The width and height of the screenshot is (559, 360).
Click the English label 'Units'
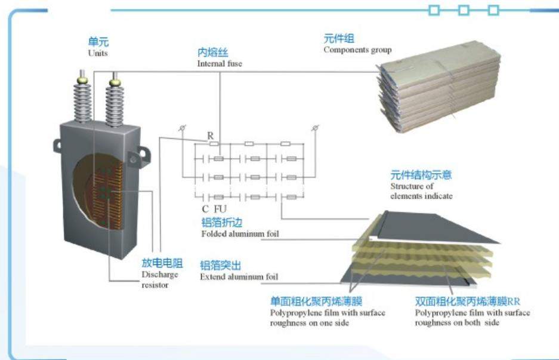(x=97, y=53)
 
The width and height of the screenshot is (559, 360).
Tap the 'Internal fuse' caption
(x=220, y=63)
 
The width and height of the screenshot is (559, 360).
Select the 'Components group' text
(x=357, y=50)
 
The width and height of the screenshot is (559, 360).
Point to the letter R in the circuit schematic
(x=210, y=136)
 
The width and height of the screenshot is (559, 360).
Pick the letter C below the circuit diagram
(x=205, y=210)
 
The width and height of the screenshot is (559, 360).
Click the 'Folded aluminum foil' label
(x=240, y=234)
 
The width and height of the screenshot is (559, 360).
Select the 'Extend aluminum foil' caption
(x=239, y=277)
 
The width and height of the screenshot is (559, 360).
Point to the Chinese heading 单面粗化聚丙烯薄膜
(x=316, y=301)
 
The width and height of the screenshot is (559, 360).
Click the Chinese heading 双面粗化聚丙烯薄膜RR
(x=472, y=301)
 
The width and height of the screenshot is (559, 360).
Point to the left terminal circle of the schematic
(x=183, y=128)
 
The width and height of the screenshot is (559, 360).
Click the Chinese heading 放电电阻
(x=162, y=263)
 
